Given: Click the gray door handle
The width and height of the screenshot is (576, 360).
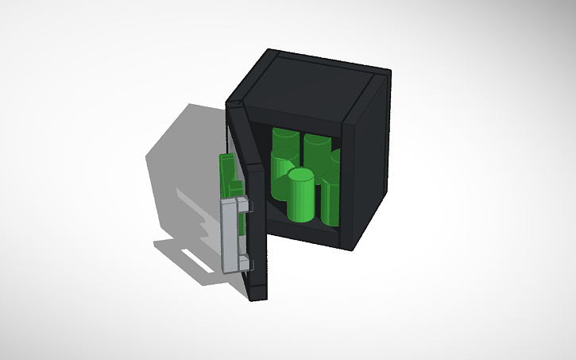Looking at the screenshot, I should click(x=231, y=234).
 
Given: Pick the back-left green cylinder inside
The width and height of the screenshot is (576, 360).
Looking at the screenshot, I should click(x=284, y=159).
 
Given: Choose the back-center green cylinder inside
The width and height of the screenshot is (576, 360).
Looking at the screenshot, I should click(x=317, y=155).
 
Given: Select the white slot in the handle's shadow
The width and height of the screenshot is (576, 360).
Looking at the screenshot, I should click(x=195, y=259).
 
